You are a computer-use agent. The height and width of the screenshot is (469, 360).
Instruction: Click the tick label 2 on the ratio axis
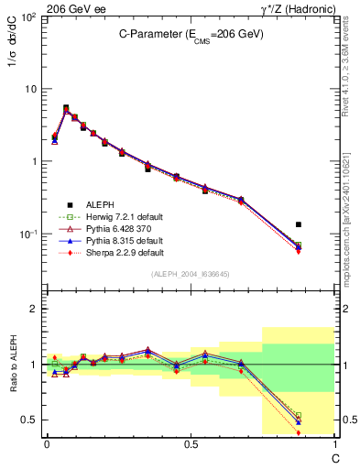pos(33,309)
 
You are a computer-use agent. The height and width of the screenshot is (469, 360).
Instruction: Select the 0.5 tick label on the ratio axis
pos(29,420)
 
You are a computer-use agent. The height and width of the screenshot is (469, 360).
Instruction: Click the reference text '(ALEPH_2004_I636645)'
pos(190,274)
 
